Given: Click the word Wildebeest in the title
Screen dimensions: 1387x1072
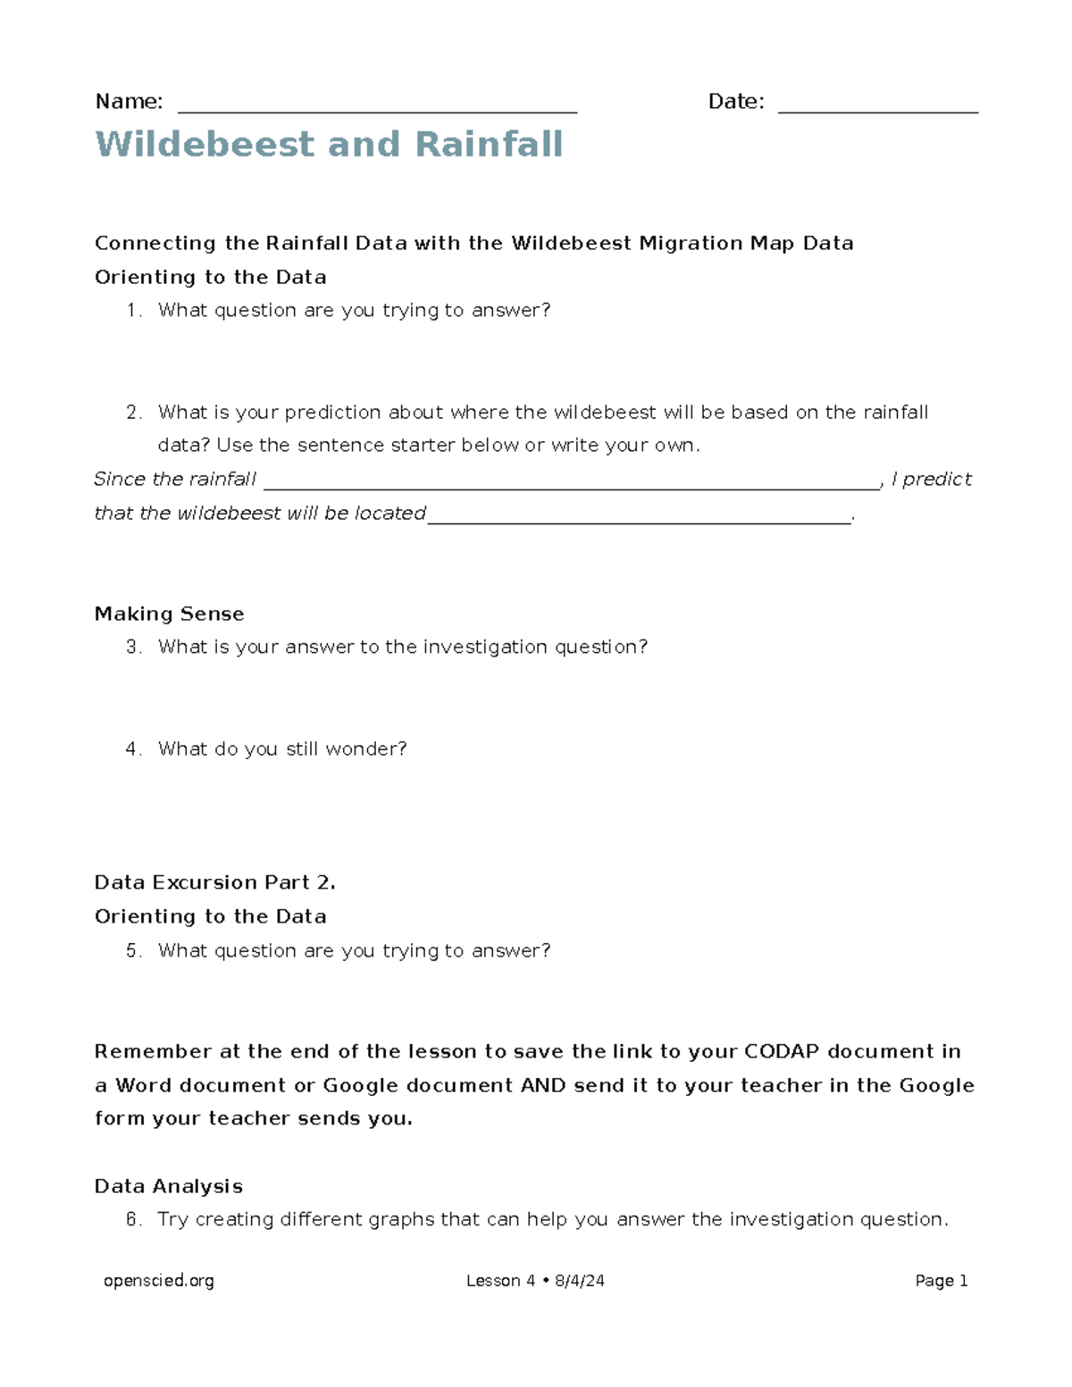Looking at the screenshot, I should [205, 145].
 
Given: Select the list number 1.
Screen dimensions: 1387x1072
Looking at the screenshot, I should [133, 311].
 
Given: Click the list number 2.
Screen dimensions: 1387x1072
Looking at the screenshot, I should [133, 413].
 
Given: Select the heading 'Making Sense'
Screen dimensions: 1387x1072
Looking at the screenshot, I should [169, 614].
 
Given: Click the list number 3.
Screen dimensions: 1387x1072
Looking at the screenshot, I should [133, 648].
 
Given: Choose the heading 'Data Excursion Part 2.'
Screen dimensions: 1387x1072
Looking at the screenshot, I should [214, 883].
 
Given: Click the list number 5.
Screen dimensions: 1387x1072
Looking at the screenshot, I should [133, 951].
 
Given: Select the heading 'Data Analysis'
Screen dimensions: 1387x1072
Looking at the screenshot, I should [168, 1187].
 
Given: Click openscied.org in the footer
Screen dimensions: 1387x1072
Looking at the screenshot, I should [159, 1282].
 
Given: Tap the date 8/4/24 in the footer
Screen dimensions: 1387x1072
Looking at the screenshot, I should [579, 1282].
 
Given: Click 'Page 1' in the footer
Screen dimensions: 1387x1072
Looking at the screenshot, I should [941, 1282].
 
